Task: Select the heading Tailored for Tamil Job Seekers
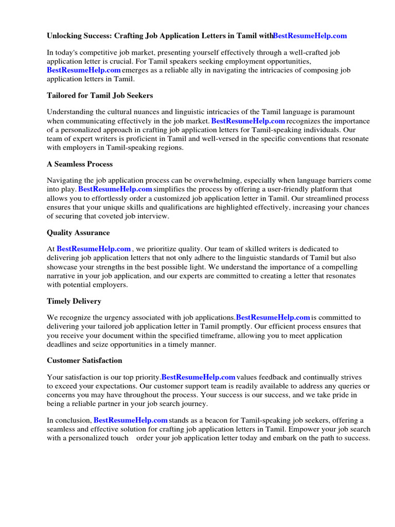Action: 100,95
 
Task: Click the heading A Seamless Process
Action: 80,164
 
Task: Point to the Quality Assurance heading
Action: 78,233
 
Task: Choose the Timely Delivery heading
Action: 74,301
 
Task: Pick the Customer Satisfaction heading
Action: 84,360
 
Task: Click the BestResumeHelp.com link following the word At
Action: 94,249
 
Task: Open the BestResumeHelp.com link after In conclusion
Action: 131,420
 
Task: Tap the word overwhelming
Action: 217,181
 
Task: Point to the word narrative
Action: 63,276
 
